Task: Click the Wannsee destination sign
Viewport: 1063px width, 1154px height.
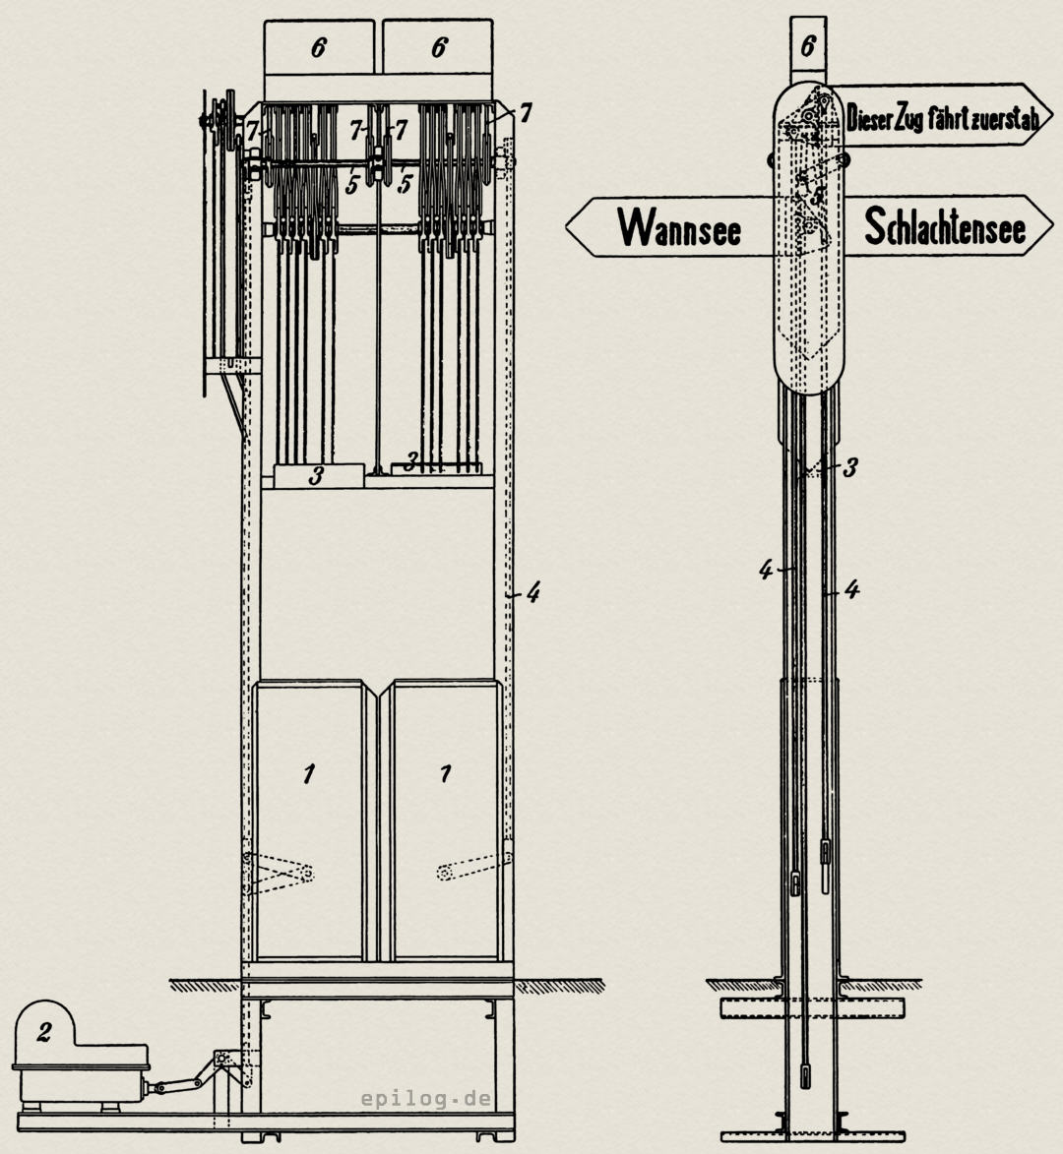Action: pyautogui.click(x=679, y=226)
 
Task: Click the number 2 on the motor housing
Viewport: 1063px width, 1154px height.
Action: pyautogui.click(x=43, y=1032)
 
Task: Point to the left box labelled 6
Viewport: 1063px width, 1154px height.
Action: pyautogui.click(x=318, y=47)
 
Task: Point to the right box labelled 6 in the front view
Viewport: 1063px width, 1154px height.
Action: pyautogui.click(x=439, y=47)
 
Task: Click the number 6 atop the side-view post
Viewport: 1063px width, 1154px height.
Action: pyautogui.click(x=808, y=44)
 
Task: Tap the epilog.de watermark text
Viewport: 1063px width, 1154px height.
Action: pyautogui.click(x=426, y=1099)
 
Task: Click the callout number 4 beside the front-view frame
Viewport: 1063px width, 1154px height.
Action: pyautogui.click(x=532, y=592)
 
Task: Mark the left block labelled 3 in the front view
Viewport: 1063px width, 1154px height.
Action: pyautogui.click(x=316, y=476)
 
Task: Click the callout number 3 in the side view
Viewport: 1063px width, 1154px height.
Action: pyautogui.click(x=849, y=467)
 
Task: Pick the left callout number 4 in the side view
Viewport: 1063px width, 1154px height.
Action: pyautogui.click(x=766, y=570)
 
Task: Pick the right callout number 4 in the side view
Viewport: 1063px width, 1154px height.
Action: pyautogui.click(x=852, y=590)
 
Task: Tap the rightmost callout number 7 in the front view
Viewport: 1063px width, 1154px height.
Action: pyautogui.click(x=526, y=114)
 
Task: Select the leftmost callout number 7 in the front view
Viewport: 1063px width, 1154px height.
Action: pyautogui.click(x=253, y=129)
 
